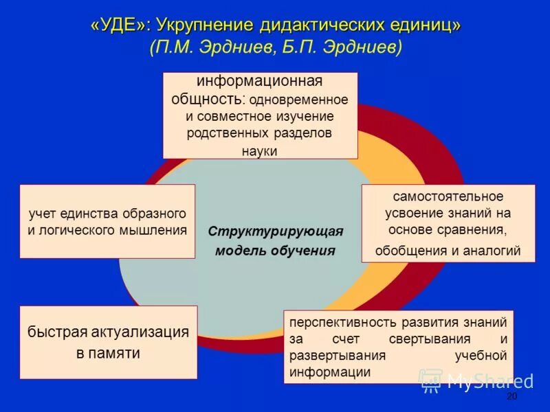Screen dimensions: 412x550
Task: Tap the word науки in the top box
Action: click(260, 150)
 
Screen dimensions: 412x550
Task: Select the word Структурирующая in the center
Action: click(275, 231)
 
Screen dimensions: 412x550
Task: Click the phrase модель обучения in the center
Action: click(275, 250)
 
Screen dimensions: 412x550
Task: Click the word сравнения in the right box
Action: click(476, 229)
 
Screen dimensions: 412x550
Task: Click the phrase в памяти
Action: click(108, 354)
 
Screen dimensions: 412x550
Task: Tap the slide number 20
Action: click(511, 398)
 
